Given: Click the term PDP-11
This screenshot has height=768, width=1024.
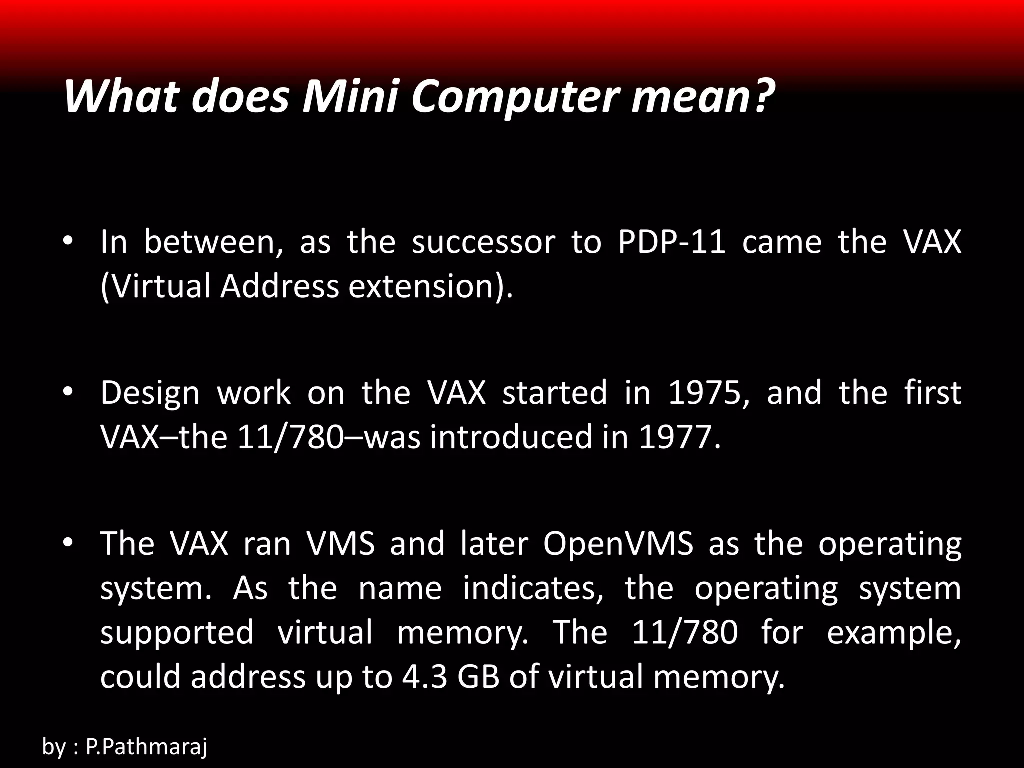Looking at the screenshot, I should click(x=671, y=242).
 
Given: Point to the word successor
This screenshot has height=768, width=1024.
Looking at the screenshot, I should click(x=483, y=242).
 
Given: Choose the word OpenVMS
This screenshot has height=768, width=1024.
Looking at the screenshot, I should click(x=618, y=543).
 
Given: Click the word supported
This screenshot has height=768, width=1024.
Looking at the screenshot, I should click(x=177, y=632).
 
